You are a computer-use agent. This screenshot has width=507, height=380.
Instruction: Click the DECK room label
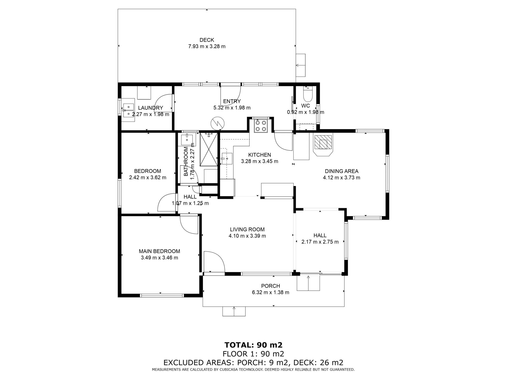(207, 40)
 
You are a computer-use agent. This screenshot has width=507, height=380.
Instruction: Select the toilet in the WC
(308, 94)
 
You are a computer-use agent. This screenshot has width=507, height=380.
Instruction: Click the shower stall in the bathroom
(209, 149)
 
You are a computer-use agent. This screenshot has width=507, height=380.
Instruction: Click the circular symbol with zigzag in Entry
(217, 123)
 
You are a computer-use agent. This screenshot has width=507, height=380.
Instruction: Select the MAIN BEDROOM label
(159, 251)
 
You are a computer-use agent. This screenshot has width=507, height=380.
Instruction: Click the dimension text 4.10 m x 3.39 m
(247, 236)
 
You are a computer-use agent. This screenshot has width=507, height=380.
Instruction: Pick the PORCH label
(271, 286)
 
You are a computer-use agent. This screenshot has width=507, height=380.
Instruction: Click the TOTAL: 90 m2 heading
(253, 345)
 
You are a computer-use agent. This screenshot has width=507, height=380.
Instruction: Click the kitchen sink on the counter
(227, 159)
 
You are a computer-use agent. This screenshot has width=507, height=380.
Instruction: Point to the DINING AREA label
(341, 171)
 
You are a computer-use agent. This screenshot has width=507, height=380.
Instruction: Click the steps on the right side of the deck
(301, 65)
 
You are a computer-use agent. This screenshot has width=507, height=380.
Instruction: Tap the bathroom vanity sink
(187, 139)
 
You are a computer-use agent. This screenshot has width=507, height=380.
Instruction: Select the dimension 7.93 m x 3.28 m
(207, 46)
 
